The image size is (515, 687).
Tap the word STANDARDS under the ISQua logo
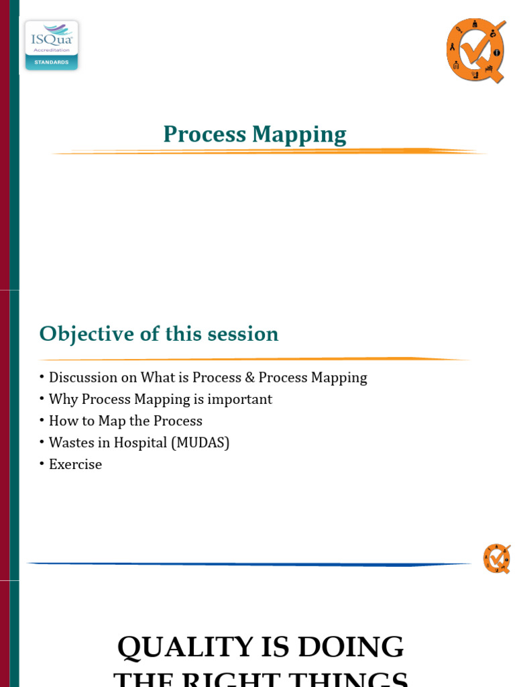52,62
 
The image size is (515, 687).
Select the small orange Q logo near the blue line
497,559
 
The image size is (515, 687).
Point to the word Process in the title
205,134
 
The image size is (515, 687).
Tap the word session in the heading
244,333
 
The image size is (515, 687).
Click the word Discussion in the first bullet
84,378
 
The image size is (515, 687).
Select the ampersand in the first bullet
249,378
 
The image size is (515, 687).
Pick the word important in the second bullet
239,399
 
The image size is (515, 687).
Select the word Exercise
75,464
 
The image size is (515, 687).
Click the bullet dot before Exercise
42,464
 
